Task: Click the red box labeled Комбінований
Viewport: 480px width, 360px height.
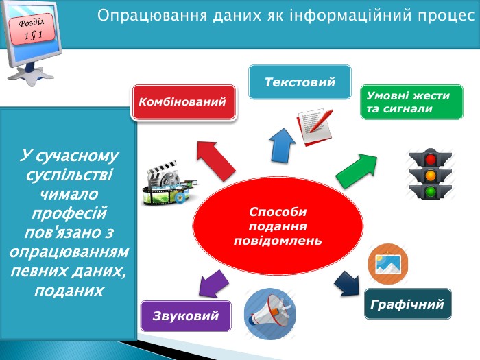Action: (x=184, y=102)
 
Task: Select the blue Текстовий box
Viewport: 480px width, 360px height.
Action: (x=300, y=82)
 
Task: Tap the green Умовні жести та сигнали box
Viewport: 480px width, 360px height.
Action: (x=411, y=102)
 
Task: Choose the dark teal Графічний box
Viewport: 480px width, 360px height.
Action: (x=408, y=304)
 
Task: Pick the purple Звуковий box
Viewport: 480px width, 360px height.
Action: (x=186, y=316)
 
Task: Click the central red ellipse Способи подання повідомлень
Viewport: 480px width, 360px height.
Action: (x=278, y=226)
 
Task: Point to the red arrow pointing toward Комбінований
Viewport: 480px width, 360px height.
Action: (x=215, y=160)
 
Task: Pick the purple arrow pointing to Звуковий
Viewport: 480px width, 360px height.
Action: (x=213, y=284)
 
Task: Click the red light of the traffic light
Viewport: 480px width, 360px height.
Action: (x=431, y=159)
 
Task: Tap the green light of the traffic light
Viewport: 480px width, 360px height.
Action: (x=431, y=191)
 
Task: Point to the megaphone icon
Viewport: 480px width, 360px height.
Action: (x=270, y=314)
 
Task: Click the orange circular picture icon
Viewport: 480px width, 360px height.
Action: (x=388, y=263)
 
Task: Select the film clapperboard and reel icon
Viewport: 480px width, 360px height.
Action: (x=169, y=183)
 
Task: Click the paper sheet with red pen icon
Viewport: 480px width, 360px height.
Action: (x=315, y=126)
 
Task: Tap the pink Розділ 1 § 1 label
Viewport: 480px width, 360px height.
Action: (x=32, y=29)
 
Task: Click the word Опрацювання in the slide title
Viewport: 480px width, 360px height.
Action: (x=152, y=16)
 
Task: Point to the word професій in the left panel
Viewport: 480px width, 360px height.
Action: (x=69, y=213)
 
